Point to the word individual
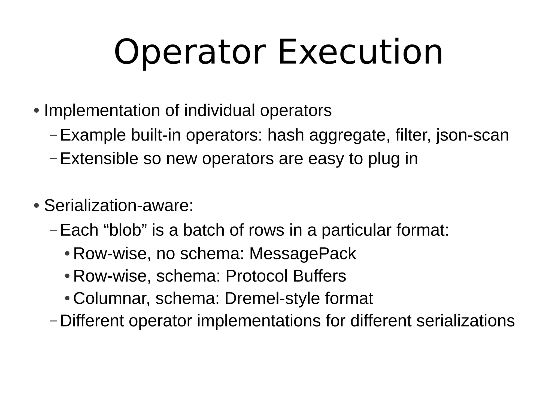[x=220, y=110]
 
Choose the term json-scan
[x=472, y=135]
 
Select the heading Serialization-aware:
[x=119, y=205]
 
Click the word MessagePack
[x=302, y=254]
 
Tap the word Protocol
[x=256, y=276]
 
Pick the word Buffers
[x=319, y=276]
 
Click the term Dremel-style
[x=272, y=298]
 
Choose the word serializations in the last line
[x=465, y=321]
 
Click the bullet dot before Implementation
[x=36, y=111]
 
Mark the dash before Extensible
[x=54, y=158]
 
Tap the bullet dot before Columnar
[x=67, y=298]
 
